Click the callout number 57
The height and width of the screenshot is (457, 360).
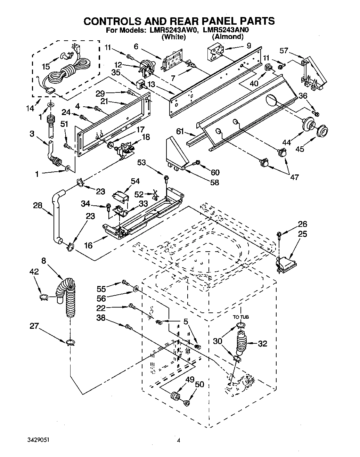click(284, 51)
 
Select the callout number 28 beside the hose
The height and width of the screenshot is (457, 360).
click(38, 205)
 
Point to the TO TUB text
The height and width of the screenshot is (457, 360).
click(241, 317)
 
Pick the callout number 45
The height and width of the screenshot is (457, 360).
click(300, 149)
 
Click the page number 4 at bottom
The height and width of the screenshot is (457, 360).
click(179, 440)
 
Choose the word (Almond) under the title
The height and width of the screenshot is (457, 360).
click(227, 36)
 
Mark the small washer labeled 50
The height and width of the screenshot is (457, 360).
click(186, 403)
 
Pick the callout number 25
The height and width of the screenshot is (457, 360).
click(302, 234)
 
